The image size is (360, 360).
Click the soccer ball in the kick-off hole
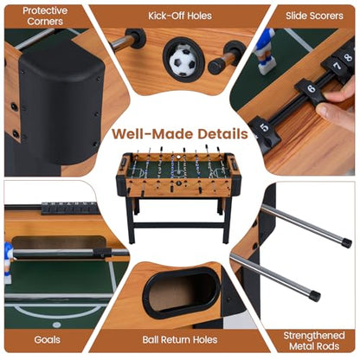pyautogui.click(x=183, y=61)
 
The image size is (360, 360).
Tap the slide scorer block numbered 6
pyautogui.click(x=310, y=92)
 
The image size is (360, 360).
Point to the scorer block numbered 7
pyautogui.click(x=335, y=68)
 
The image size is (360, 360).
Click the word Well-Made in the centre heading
pyautogui.click(x=152, y=134)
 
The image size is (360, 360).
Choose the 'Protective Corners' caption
pyautogui.click(x=45, y=16)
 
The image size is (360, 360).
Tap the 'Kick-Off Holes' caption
pyautogui.click(x=180, y=16)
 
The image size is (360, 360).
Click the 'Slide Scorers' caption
pyautogui.click(x=314, y=16)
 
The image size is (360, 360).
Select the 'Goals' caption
pyautogui.click(x=47, y=339)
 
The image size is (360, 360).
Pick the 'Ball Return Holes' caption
pyautogui.click(x=180, y=339)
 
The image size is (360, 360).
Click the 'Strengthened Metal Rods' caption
pyautogui.click(x=314, y=341)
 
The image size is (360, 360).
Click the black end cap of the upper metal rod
pyautogui.click(x=346, y=242)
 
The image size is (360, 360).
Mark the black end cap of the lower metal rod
pyautogui.click(x=314, y=296)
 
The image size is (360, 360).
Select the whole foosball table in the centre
pyautogui.click(x=178, y=193)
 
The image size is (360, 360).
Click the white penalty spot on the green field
pyautogui.click(x=57, y=325)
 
